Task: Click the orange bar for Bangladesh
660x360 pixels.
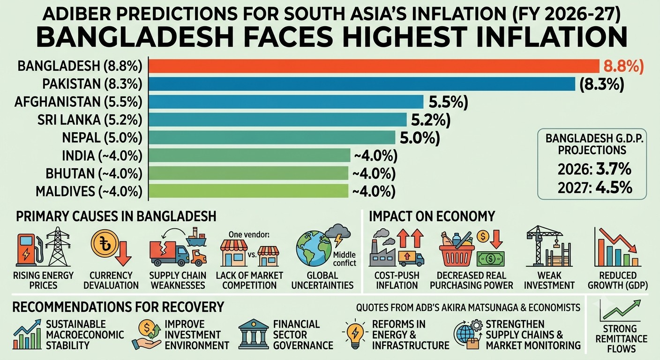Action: tap(374, 66)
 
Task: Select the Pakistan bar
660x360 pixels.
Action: tap(362, 84)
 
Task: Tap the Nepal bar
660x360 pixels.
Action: tap(272, 137)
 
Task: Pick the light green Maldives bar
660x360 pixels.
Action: tap(248, 191)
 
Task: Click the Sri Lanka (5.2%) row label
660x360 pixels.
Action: tap(90, 120)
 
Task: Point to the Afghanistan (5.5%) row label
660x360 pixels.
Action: tap(78, 102)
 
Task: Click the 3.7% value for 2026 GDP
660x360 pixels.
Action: tap(614, 169)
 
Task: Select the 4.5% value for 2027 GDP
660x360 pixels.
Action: tap(614, 187)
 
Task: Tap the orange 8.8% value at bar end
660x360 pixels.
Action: tap(623, 66)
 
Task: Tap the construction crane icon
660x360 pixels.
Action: tap(548, 247)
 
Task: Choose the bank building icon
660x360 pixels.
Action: tap(254, 334)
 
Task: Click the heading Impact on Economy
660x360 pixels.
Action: tap(432, 216)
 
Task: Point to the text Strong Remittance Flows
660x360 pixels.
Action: tap(621, 339)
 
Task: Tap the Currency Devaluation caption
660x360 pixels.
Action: tap(111, 280)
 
